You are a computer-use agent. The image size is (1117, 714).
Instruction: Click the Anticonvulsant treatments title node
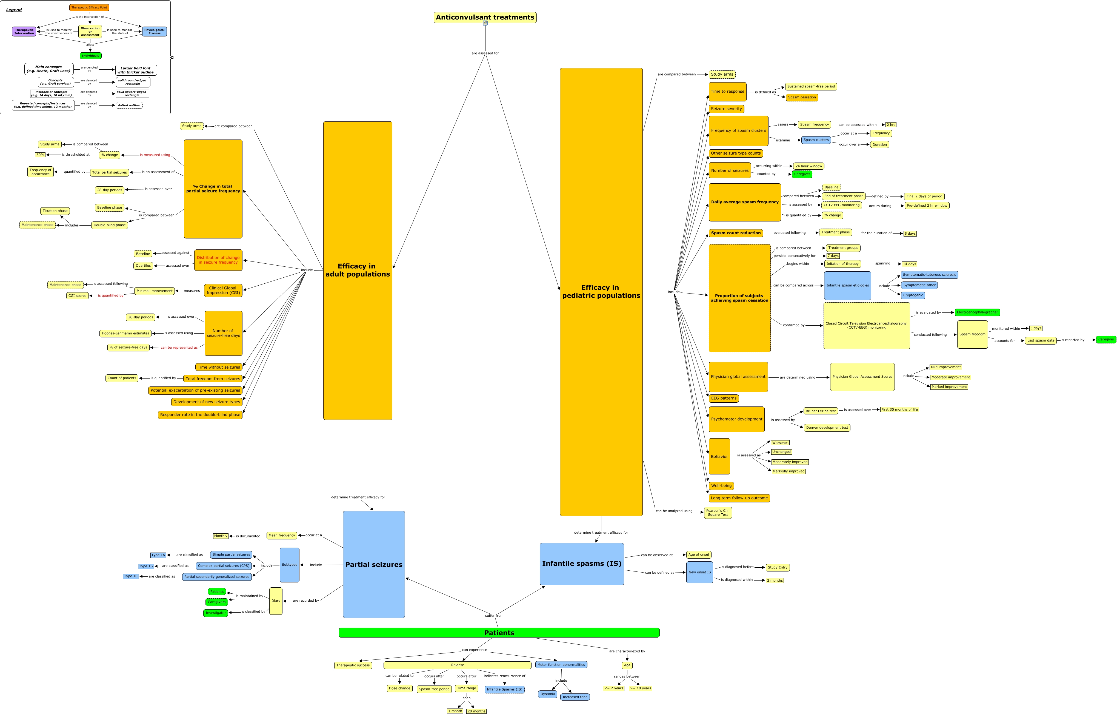[x=485, y=18]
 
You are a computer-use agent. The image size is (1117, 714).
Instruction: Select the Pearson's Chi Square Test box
[x=717, y=513]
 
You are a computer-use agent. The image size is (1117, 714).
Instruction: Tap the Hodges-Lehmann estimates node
[x=125, y=333]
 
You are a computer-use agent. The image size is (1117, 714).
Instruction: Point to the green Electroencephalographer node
[x=977, y=312]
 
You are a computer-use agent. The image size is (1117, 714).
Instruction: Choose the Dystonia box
[x=547, y=694]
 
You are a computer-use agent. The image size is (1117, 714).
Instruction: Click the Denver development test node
[x=827, y=428]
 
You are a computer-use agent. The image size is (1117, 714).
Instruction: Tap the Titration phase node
[x=55, y=211]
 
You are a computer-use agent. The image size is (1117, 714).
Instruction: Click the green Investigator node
[x=215, y=613]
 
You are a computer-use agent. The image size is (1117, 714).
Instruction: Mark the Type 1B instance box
[x=146, y=566]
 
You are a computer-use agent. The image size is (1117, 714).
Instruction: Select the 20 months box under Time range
[x=476, y=711]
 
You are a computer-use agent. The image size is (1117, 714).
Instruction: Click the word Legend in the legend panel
[x=14, y=10]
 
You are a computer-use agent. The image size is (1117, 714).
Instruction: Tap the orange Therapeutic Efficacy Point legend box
[x=89, y=7]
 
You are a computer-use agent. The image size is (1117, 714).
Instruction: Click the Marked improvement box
[x=949, y=386]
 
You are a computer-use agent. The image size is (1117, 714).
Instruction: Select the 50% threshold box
[x=40, y=155]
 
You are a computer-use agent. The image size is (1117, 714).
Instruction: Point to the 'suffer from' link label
[x=494, y=616]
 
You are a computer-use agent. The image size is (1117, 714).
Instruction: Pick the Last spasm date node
[x=1041, y=340]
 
